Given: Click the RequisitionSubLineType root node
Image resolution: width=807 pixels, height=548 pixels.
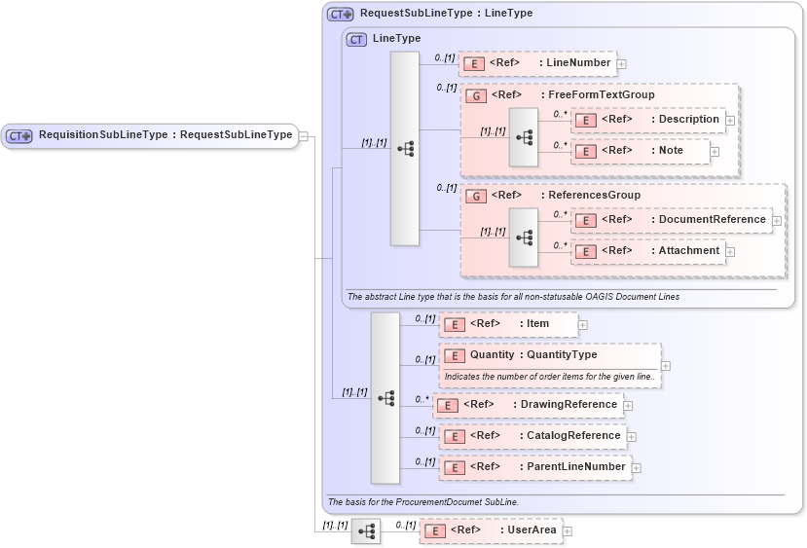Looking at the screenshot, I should point(150,135).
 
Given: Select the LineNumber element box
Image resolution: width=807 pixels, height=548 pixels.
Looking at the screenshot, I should point(537,63).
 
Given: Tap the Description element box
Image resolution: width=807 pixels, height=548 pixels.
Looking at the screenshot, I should point(647,120).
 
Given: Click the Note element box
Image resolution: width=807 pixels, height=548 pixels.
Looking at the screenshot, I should point(640,151).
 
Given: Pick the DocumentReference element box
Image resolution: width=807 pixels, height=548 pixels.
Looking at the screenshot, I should point(671,220).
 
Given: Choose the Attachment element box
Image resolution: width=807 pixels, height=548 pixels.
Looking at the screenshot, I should point(647,251).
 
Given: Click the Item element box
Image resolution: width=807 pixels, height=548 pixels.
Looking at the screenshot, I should point(508,324).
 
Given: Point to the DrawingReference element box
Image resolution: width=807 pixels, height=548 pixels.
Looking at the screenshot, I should point(528,405).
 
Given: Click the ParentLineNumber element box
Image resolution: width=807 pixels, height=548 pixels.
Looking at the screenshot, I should point(534,467).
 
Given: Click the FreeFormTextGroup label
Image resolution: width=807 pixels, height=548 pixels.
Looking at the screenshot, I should point(601,95).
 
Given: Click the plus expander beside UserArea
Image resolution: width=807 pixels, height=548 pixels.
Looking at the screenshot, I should point(568,531).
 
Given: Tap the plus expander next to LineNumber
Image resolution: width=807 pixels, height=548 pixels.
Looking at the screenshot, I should point(622,64).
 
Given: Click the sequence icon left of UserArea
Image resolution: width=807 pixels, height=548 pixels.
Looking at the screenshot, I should point(366,531).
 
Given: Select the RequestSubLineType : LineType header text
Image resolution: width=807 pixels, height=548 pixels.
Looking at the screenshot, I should point(446,15).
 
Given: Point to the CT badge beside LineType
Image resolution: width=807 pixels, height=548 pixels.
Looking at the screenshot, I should point(356,39).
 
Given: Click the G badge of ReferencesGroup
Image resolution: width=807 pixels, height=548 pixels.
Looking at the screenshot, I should point(476,196).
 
